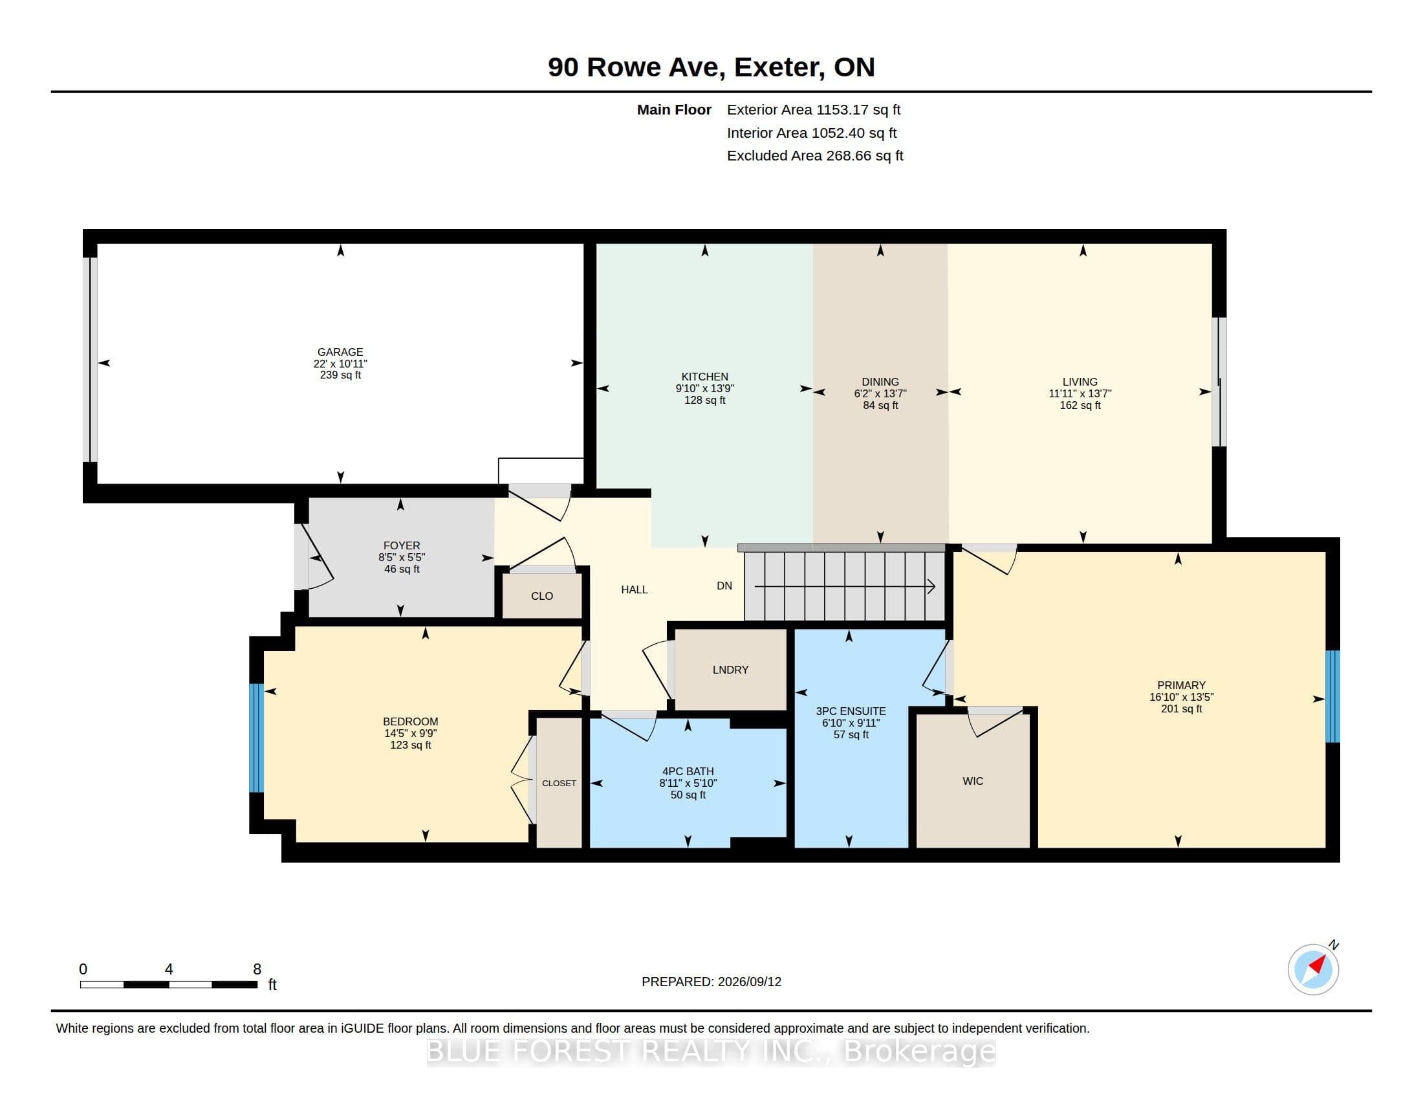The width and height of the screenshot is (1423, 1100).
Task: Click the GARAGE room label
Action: click(x=340, y=352)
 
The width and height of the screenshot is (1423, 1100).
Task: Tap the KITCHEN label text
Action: click(x=704, y=377)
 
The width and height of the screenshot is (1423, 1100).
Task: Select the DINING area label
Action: click(x=880, y=382)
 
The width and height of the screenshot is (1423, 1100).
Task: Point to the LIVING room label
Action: click(x=1080, y=382)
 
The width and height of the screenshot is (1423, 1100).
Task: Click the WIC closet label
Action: click(x=973, y=781)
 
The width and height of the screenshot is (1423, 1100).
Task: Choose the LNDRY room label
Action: click(x=730, y=669)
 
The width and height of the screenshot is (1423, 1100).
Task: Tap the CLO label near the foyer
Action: click(x=542, y=595)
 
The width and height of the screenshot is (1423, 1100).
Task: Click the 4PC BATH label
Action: click(x=688, y=771)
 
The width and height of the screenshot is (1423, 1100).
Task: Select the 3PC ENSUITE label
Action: click(x=851, y=712)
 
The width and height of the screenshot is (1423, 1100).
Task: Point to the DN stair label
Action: click(x=724, y=586)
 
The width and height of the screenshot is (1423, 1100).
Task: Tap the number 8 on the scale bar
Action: click(x=257, y=969)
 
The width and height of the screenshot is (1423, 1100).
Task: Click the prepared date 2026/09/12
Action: click(x=749, y=982)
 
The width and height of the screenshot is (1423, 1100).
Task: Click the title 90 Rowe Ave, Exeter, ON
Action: click(x=711, y=67)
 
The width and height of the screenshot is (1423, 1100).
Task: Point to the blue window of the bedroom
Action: click(x=257, y=738)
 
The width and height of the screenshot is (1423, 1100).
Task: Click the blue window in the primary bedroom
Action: click(x=1333, y=696)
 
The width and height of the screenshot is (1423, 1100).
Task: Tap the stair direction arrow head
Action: click(x=931, y=586)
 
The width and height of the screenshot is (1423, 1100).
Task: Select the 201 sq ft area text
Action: click(x=1181, y=709)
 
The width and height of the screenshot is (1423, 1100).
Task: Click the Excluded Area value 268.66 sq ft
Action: click(x=865, y=156)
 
